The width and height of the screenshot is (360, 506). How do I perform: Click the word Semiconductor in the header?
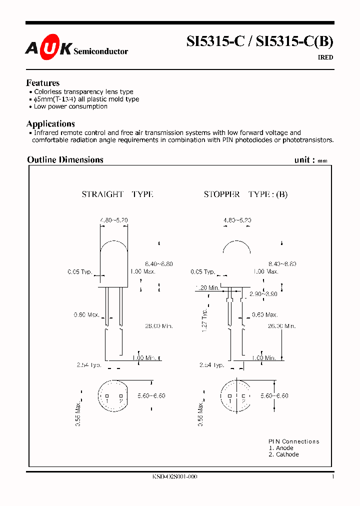[x=101, y=51]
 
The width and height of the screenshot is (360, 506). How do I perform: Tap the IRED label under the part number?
[x=325, y=57]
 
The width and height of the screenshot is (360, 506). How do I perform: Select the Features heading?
[x=43, y=83]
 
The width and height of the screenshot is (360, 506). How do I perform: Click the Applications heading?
[x=50, y=123]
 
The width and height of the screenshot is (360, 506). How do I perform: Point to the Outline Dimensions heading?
[x=65, y=159]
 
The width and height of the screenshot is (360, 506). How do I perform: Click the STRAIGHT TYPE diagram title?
[x=117, y=194]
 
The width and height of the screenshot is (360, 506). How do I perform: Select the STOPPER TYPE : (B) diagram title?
[x=245, y=194]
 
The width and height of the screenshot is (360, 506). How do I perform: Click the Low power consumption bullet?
[x=70, y=106]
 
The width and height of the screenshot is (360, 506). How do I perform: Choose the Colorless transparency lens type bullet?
[x=83, y=92]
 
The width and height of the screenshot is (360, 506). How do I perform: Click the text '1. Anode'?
[x=281, y=448]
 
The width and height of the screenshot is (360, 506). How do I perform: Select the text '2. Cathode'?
[x=283, y=454]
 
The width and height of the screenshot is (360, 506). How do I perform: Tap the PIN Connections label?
[x=293, y=441]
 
